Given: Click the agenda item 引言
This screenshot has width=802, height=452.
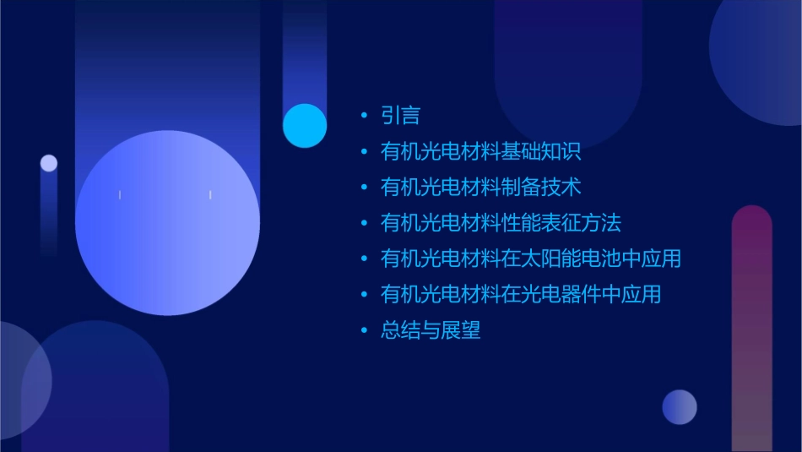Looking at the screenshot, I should [400, 116].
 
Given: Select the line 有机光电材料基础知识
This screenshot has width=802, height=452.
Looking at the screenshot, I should [480, 152].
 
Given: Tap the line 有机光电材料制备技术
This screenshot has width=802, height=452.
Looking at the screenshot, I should [480, 187].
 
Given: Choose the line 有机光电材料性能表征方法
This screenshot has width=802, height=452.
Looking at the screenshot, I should [501, 223].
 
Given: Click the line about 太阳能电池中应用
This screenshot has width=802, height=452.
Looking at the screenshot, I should [530, 259].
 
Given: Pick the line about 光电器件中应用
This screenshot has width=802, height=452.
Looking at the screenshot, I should [520, 294].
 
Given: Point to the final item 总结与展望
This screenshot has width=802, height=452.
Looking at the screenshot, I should [431, 330].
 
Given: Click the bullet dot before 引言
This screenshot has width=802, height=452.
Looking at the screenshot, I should [364, 116].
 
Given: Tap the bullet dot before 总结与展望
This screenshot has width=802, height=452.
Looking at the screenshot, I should [364, 330].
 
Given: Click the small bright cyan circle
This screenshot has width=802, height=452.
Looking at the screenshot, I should [305, 126].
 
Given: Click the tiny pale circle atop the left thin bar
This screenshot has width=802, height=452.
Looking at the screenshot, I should [49, 163].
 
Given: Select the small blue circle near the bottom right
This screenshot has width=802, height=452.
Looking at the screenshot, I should [680, 406].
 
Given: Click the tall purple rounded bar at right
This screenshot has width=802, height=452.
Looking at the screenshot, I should [751, 329].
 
